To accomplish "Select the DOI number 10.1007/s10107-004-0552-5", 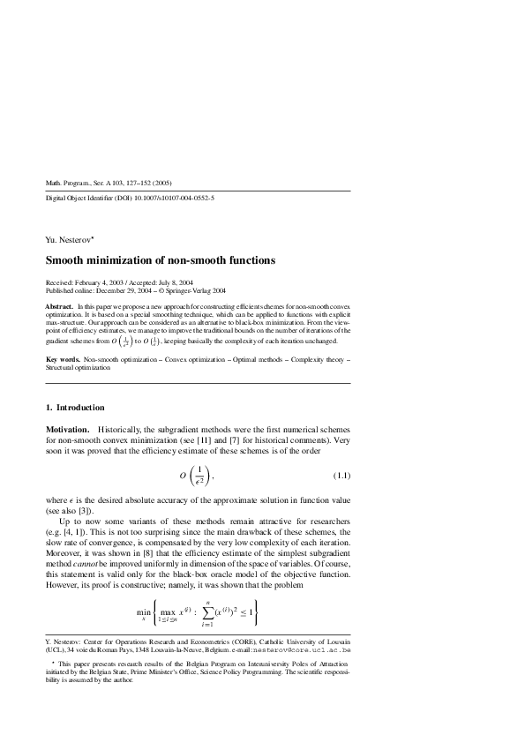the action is (172, 199).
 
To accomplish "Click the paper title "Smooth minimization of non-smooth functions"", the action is (161, 260).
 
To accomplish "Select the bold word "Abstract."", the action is (59, 305).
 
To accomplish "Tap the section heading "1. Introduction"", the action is (75, 408).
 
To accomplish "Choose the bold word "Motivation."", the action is (67, 428).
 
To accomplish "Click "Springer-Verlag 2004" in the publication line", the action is (199, 289).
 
